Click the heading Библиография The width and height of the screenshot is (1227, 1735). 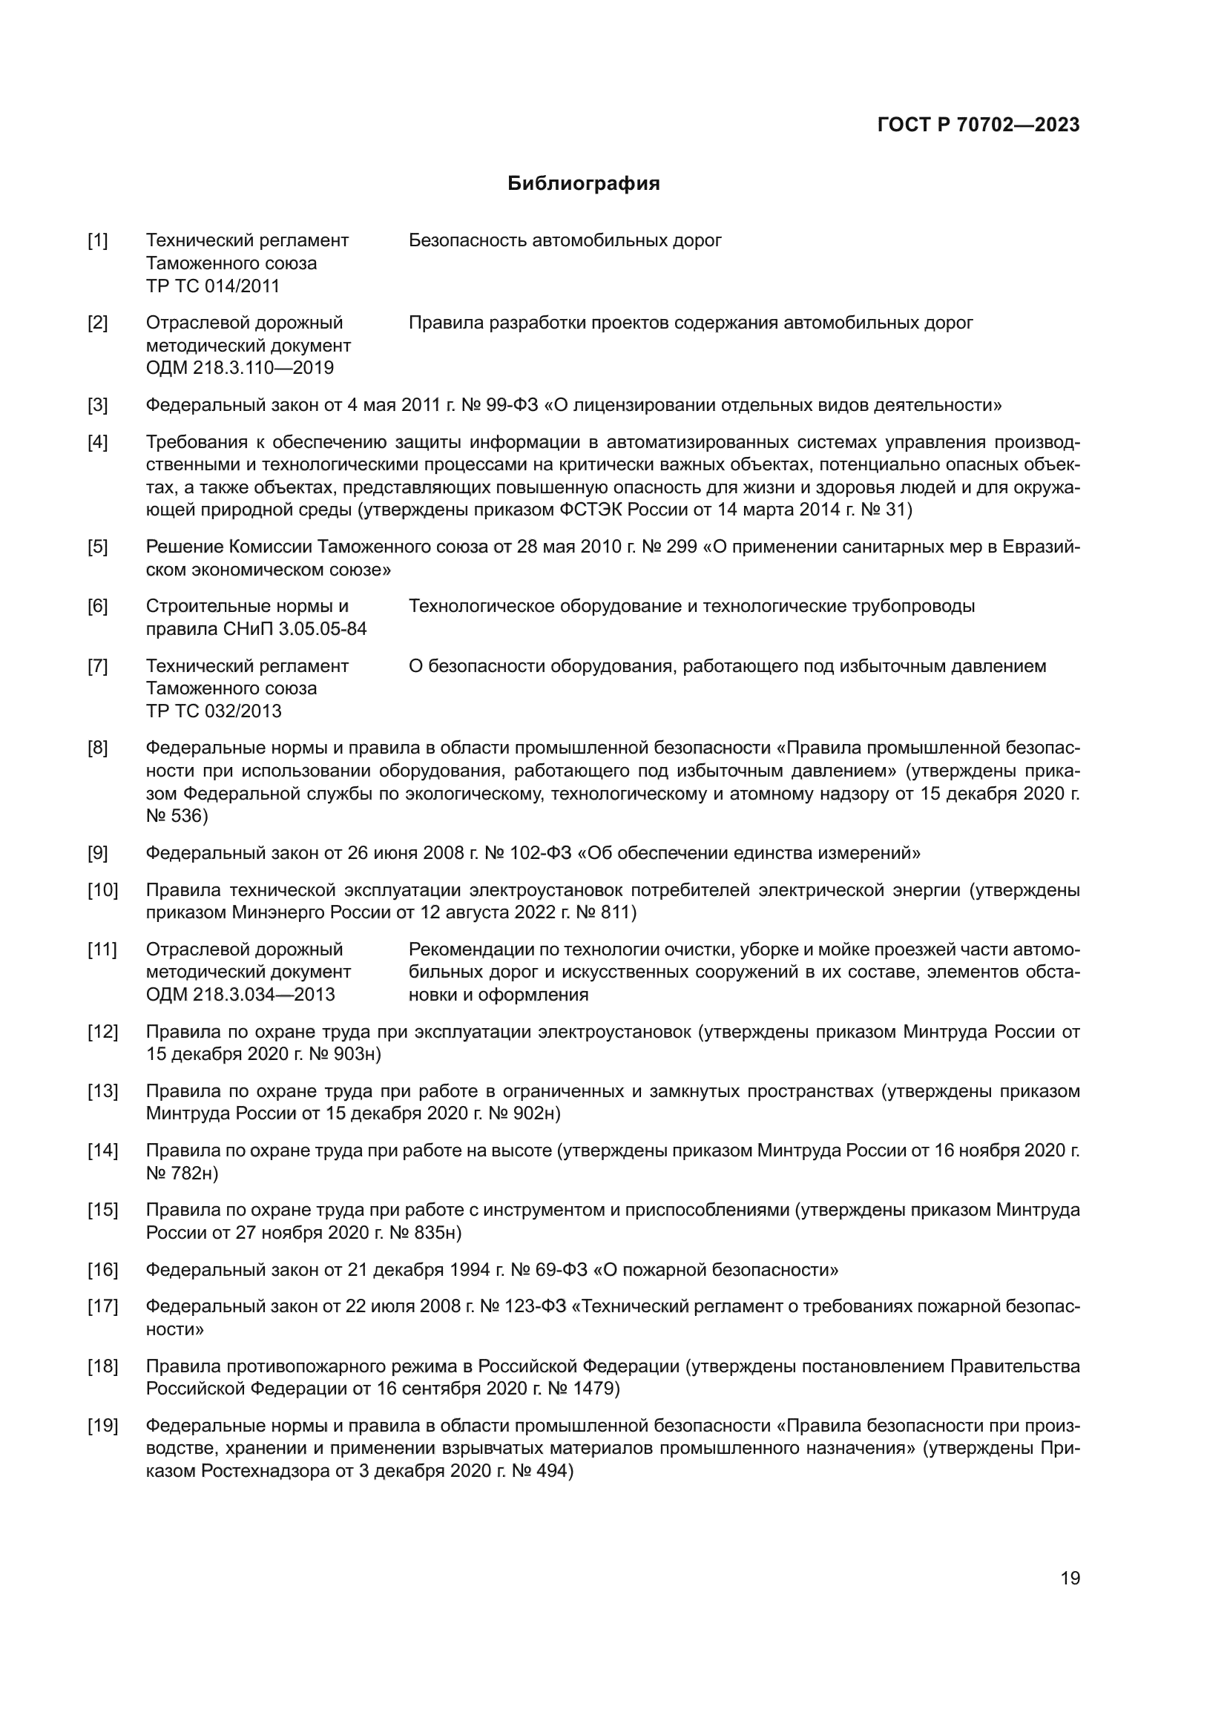coord(583,184)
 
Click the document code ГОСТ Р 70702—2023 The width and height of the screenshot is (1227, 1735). coord(978,125)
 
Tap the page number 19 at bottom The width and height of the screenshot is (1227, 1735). coord(1070,1578)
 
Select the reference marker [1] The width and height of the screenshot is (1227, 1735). coord(97,241)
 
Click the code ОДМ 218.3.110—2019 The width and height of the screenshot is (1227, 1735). coord(240,368)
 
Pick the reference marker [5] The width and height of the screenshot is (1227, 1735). coord(97,547)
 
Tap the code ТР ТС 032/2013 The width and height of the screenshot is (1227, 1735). coord(213,711)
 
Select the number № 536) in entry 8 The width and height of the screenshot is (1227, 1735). coord(177,816)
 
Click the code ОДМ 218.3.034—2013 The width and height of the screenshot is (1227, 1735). coord(240,995)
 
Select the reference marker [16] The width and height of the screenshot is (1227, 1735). coord(102,1269)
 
